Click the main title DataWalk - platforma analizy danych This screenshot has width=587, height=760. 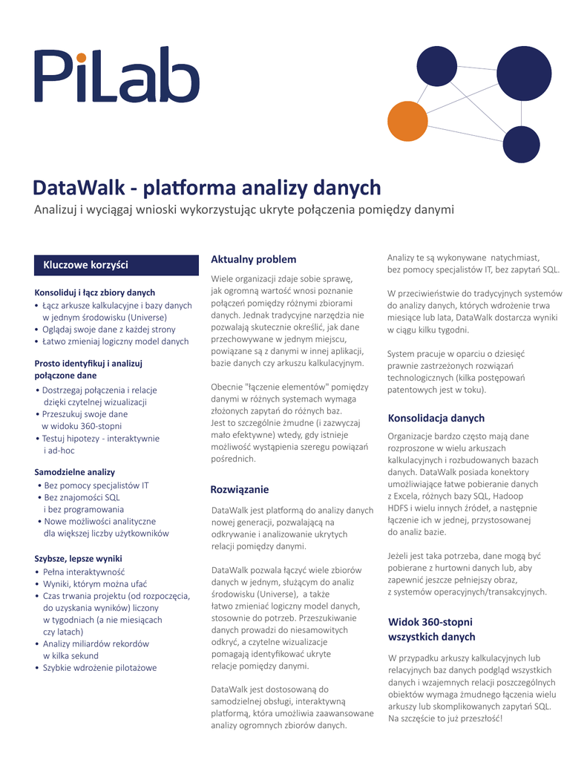207,188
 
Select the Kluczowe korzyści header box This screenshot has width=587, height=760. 117,265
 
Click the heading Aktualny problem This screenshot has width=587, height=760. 253,259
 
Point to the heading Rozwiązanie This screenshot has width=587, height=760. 240,490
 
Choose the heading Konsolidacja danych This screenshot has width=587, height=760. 436,418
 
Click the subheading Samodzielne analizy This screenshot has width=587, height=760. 75,472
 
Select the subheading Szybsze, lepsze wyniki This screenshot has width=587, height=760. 79,558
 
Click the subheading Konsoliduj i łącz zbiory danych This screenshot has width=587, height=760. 95,292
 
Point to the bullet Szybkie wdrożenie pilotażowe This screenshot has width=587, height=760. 99,668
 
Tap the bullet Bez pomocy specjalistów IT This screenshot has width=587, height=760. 96,485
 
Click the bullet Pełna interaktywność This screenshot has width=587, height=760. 84,571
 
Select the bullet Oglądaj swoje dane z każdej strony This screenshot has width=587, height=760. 109,329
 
